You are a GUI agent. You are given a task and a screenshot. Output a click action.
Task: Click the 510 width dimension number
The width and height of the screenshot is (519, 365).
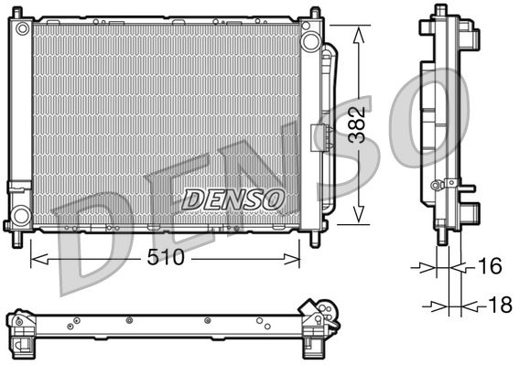pos(165,258)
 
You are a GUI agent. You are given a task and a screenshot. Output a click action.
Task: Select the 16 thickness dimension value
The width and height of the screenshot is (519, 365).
pos(490,267)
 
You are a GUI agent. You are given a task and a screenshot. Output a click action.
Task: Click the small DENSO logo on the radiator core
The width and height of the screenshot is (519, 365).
pos(234,198)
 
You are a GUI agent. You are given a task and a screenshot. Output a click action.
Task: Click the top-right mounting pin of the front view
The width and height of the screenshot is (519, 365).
pos(316,12)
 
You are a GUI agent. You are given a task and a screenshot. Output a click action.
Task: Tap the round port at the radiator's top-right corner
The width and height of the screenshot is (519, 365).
pos(311,41)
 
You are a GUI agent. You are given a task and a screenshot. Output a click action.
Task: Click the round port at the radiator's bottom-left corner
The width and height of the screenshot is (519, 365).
pos(18,216)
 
